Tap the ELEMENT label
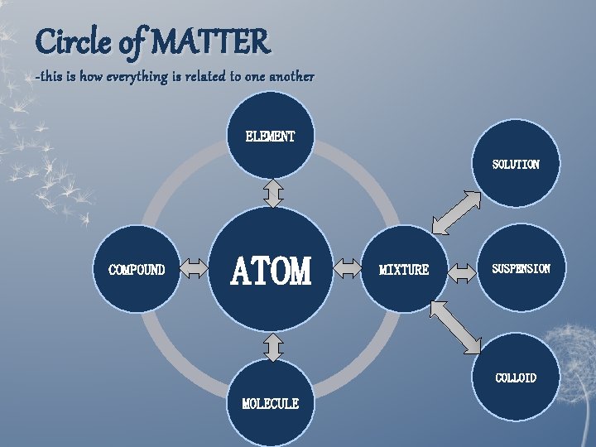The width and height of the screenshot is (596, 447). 270,137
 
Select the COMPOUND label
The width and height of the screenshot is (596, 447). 137,270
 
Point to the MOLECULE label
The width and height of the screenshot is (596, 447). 270,404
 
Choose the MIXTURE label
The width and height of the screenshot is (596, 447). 404,270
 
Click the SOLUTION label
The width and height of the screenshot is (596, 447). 516,165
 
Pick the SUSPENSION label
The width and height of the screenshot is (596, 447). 521,269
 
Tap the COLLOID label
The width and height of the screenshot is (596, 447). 516,378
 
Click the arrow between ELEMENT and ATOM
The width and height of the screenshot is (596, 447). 272,194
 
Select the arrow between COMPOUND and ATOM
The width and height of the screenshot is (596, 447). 195,268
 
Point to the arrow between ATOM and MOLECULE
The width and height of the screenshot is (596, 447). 272,347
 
